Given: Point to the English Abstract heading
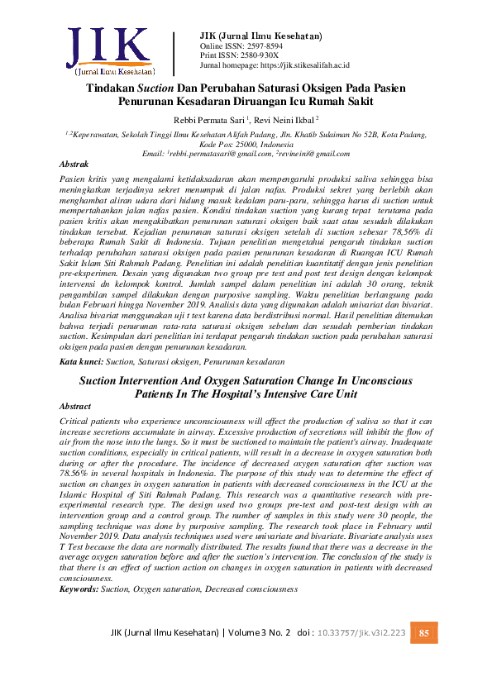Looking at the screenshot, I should coord(77,408).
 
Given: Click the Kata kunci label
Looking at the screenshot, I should coord(81,362).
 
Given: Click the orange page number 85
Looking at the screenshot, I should coord(424,633).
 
